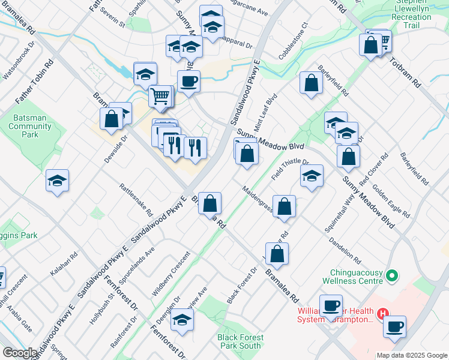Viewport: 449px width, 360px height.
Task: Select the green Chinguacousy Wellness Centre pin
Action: [x=392, y=276]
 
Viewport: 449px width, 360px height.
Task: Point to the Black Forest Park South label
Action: [x=240, y=341]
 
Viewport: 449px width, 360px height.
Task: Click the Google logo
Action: [x=19, y=353]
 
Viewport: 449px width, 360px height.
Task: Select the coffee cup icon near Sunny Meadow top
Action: [x=188, y=81]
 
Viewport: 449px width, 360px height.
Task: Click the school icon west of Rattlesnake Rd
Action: [x=57, y=180]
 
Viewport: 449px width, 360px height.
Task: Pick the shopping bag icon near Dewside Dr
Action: [x=112, y=118]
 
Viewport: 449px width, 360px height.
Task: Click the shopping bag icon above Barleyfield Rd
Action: [x=311, y=83]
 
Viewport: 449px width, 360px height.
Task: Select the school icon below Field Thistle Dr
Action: [x=311, y=176]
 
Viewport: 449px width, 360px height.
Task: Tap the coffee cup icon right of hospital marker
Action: [x=394, y=326]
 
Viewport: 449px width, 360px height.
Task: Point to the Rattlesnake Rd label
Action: [x=136, y=200]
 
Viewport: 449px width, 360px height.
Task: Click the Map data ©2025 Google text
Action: [x=412, y=355]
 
